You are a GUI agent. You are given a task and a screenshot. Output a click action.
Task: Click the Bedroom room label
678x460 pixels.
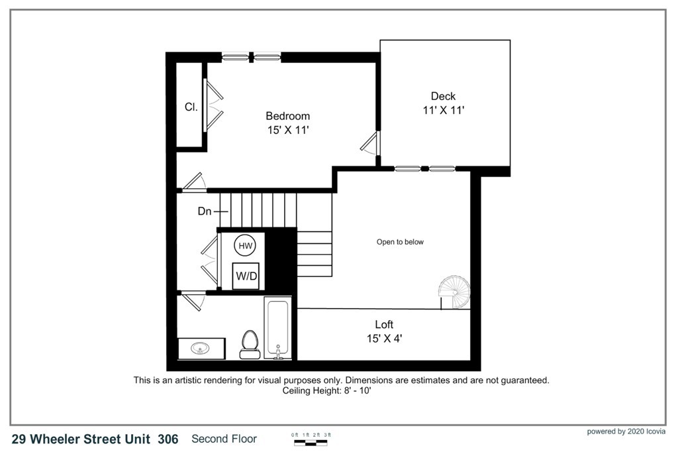(x=287, y=116)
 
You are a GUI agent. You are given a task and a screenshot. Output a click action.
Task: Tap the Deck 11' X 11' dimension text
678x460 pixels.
(x=443, y=111)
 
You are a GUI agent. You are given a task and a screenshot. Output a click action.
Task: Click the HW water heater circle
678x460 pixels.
(x=245, y=246)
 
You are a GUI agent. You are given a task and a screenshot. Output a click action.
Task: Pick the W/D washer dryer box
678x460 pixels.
(x=246, y=276)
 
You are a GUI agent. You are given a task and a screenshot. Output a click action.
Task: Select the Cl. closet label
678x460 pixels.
(x=191, y=106)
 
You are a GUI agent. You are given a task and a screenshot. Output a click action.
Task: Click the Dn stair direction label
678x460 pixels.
(x=205, y=211)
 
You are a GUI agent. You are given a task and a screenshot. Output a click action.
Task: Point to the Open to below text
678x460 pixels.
(x=400, y=242)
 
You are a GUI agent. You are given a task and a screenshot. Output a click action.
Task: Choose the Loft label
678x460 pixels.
(x=384, y=324)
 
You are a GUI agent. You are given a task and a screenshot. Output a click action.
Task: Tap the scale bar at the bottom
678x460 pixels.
(x=313, y=440)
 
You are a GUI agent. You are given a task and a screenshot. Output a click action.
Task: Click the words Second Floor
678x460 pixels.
(x=224, y=439)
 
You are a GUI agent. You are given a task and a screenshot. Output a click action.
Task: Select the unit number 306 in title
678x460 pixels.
(x=168, y=439)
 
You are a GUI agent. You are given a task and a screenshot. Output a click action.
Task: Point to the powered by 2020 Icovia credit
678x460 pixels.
(x=626, y=431)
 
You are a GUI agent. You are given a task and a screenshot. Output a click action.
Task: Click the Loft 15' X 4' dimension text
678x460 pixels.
(x=384, y=338)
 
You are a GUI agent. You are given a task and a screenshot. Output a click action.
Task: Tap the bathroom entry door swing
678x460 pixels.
(x=193, y=300)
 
